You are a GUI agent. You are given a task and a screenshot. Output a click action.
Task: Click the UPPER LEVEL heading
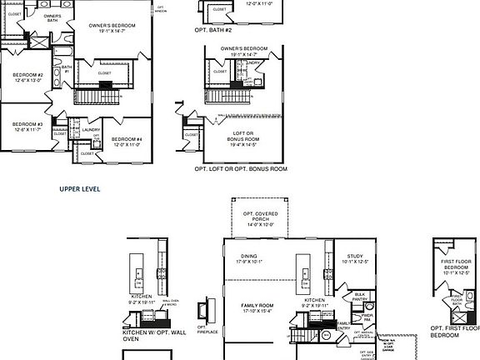click(79, 189)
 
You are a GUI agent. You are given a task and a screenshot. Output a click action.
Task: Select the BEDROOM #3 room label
click(27, 124)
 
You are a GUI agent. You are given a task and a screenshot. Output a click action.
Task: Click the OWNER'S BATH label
click(52, 17)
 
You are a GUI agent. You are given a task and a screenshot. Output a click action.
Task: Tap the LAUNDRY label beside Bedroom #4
click(92, 129)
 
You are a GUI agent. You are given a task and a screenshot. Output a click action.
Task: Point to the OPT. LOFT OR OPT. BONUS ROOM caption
click(240, 168)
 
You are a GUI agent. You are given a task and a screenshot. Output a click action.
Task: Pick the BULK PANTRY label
click(361, 296)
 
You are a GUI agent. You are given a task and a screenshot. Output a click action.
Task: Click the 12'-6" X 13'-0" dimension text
click(27, 82)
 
